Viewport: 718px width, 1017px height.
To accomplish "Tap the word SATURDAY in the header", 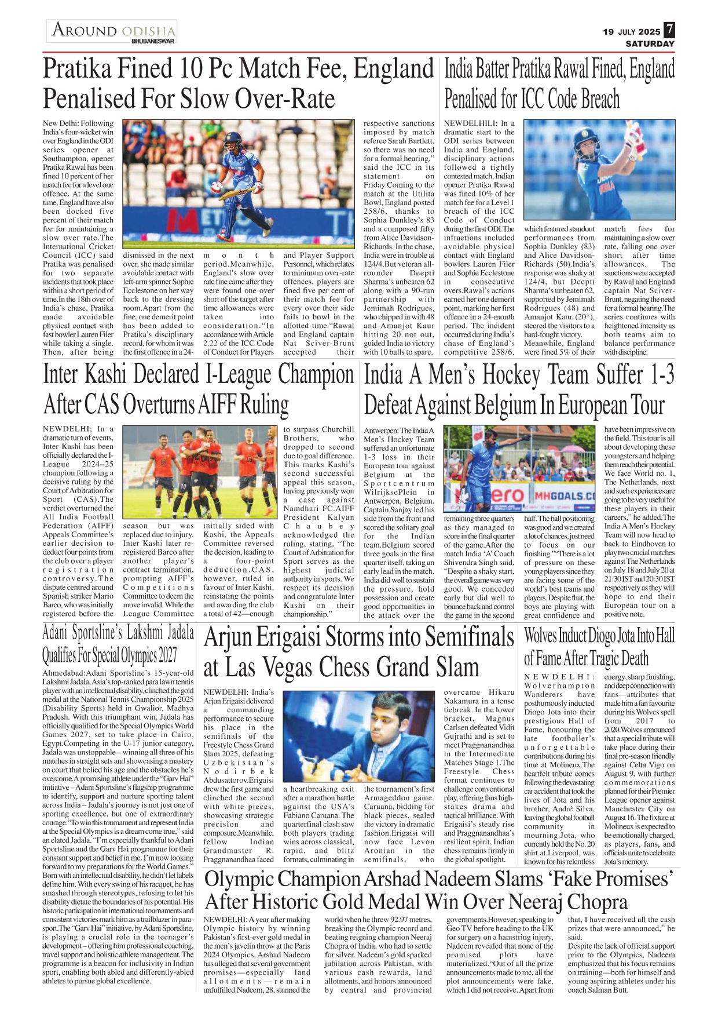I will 650,43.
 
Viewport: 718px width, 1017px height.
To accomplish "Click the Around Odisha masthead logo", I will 112,31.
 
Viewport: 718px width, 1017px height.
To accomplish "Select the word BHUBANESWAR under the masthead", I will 153,41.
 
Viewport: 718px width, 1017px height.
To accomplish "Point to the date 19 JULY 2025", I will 631,32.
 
